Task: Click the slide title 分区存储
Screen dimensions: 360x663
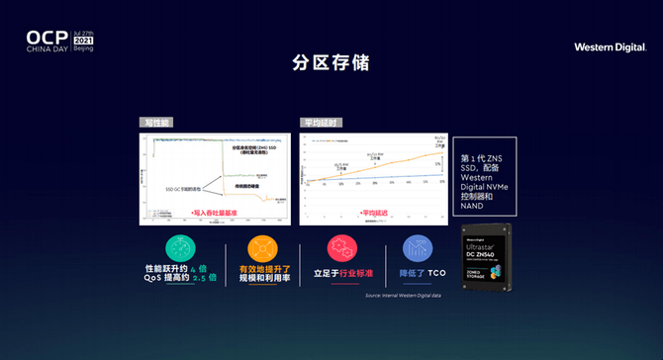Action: pyautogui.click(x=331, y=62)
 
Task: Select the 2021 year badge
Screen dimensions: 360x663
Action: pyautogui.click(x=83, y=40)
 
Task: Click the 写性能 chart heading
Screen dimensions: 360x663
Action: pyautogui.click(x=155, y=123)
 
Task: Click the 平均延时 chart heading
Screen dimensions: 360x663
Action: pyautogui.click(x=321, y=123)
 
